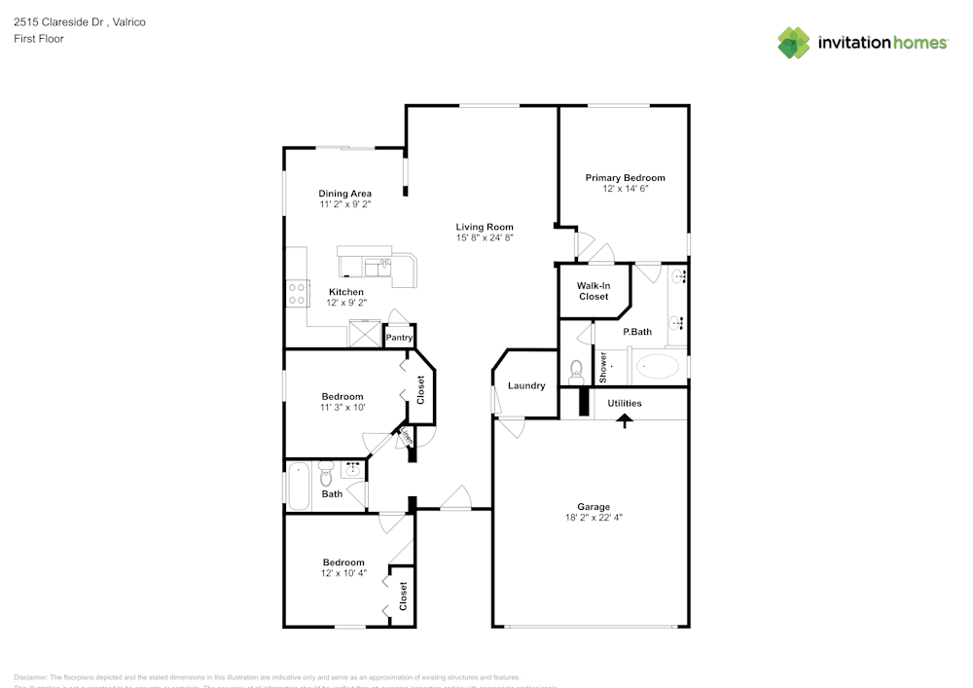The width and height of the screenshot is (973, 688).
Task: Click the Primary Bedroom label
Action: (625, 178)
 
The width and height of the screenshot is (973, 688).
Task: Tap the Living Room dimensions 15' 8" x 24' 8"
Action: (484, 237)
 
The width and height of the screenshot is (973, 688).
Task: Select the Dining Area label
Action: (344, 194)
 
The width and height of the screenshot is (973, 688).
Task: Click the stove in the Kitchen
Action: (296, 293)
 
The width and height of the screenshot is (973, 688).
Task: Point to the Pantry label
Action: (399, 338)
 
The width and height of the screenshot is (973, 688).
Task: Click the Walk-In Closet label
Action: (593, 291)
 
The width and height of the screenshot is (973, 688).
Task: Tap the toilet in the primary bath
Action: (576, 370)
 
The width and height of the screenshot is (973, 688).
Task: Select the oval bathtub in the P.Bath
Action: (658, 368)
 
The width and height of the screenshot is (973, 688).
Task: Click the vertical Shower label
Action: (603, 366)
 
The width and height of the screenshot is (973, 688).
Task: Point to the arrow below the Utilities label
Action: (624, 419)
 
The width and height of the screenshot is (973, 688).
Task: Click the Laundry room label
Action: (526, 386)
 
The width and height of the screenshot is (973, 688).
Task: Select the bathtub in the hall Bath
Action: (298, 486)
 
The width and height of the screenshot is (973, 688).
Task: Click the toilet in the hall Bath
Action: (327, 474)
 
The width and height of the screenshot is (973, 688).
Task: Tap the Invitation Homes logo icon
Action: (793, 43)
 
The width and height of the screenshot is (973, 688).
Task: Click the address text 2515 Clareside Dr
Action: (59, 21)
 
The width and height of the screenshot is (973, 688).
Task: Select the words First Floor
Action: (38, 39)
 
